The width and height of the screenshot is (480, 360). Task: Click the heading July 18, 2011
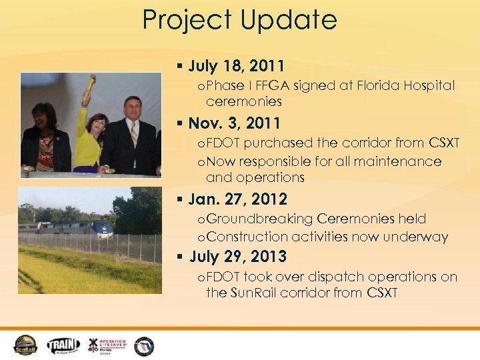(x=236, y=66)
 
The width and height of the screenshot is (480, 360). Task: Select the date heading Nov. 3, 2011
(x=234, y=123)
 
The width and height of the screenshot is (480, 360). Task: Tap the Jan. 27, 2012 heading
(x=237, y=199)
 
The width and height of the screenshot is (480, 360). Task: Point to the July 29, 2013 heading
(x=238, y=257)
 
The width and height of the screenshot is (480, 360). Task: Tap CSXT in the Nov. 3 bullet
(x=444, y=143)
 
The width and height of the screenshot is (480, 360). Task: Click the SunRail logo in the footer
(x=27, y=345)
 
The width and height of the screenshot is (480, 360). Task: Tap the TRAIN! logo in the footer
(x=63, y=345)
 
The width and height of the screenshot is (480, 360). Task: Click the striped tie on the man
(x=133, y=136)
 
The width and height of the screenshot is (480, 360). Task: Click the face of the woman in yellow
(x=97, y=124)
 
